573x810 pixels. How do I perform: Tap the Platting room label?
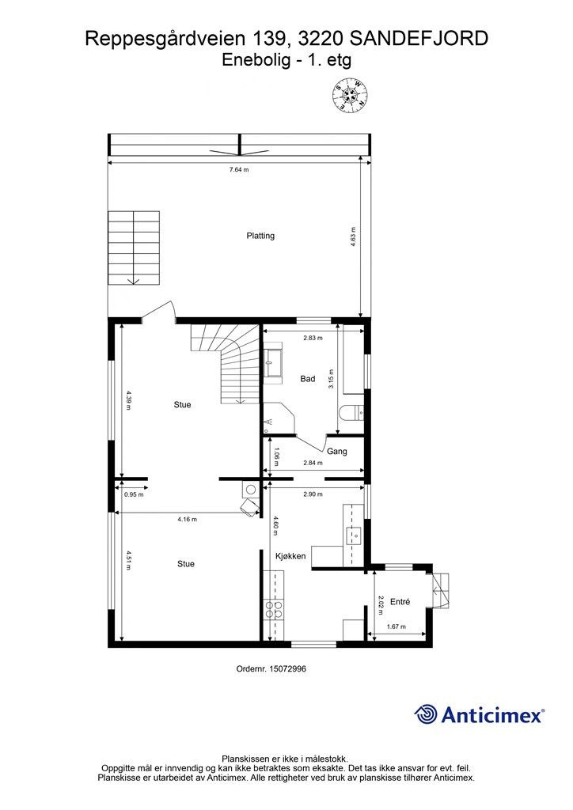260,236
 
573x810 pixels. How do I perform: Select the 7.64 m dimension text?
239,169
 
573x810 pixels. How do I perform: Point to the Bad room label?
308,379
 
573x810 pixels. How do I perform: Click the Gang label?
337,452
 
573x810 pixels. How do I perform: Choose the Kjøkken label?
290,557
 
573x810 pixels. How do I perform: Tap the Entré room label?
400,602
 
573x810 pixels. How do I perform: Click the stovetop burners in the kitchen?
275,609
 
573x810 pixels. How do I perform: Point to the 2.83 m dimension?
313,338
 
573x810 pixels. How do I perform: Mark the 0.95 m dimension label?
134,494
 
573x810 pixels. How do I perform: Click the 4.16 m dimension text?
187,520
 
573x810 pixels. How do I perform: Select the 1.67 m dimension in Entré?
396,627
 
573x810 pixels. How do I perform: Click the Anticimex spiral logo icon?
426,714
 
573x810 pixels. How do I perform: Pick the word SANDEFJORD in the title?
418,37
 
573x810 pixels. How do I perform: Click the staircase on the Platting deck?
134,248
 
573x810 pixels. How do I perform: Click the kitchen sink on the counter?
354,536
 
